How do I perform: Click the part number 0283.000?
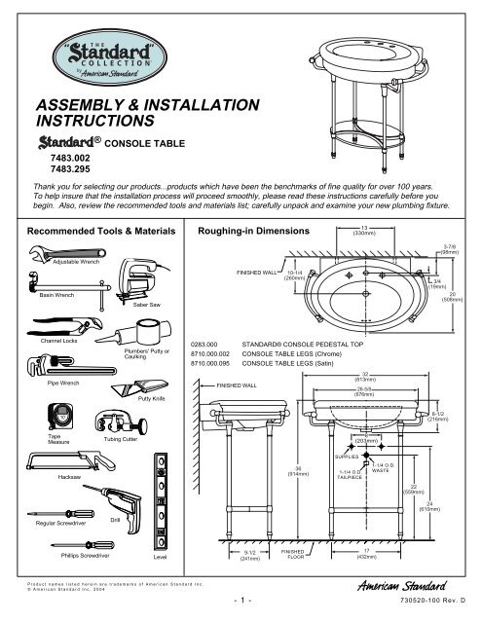click(210, 345)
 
